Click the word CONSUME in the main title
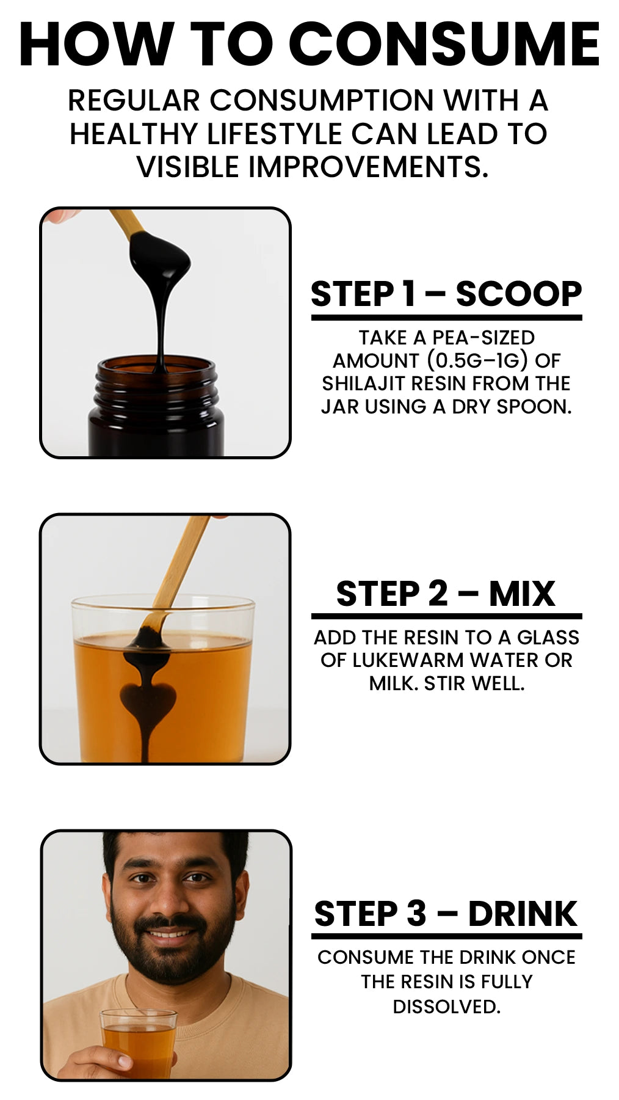[449, 45]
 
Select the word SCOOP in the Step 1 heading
[519, 294]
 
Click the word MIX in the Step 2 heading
[522, 594]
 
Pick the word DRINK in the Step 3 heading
[523, 914]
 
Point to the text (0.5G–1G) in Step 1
[477, 360]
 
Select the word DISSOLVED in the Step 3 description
[446, 1006]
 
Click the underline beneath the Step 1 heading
[446, 318]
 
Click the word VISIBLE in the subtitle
[187, 167]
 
